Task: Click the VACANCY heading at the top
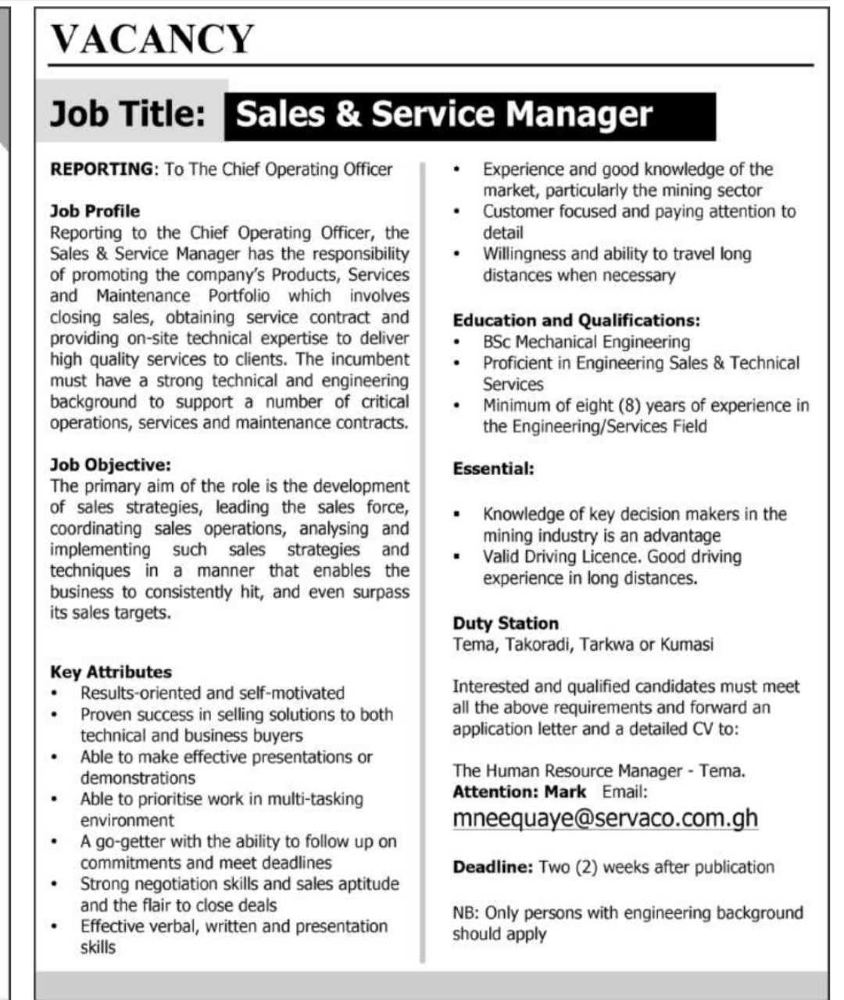(x=152, y=39)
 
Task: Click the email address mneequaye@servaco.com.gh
(x=605, y=818)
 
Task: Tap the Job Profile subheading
(x=95, y=211)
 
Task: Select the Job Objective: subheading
(x=110, y=465)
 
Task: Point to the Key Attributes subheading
(x=110, y=672)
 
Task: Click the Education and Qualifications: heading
(x=576, y=320)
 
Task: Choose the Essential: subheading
(x=493, y=469)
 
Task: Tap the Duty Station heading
(x=506, y=623)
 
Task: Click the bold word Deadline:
(x=492, y=867)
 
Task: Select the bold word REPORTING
(x=101, y=169)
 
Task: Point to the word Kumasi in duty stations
(x=687, y=645)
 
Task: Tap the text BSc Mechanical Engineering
(x=586, y=342)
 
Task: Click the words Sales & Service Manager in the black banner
(x=444, y=115)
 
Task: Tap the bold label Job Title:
(x=127, y=115)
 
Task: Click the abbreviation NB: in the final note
(x=467, y=912)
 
